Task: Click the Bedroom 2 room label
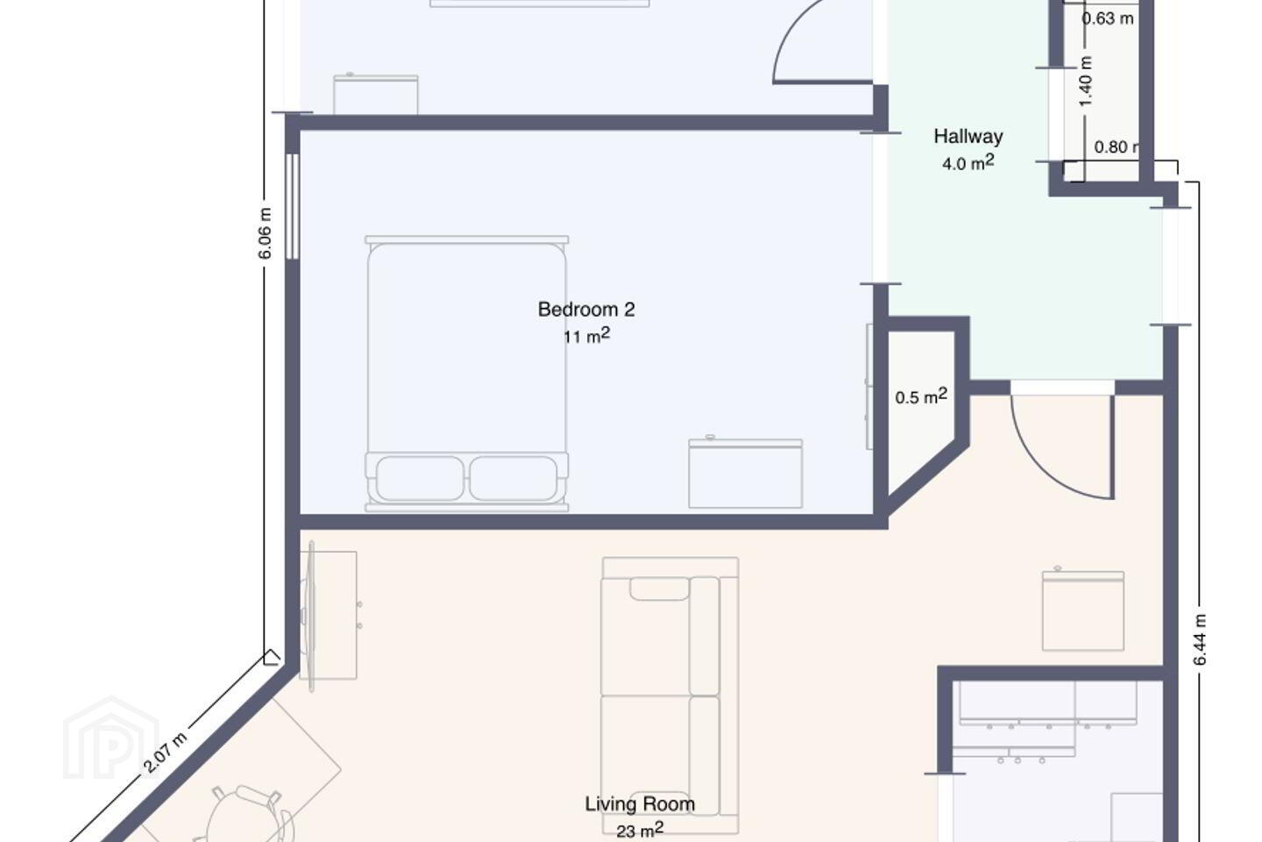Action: (x=586, y=309)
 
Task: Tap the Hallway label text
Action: (x=968, y=137)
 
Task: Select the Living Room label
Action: (x=640, y=803)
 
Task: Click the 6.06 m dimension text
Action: (x=265, y=233)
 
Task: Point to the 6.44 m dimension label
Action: (x=1200, y=639)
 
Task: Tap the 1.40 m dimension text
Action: (x=1086, y=82)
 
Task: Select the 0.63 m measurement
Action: (x=1107, y=18)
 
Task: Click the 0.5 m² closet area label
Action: (x=921, y=396)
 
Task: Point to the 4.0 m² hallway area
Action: (x=968, y=163)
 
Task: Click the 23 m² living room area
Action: (x=640, y=830)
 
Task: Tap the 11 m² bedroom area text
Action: (x=586, y=336)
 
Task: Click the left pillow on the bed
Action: (x=420, y=478)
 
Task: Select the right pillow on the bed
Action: (x=514, y=478)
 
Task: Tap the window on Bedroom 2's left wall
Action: (x=292, y=206)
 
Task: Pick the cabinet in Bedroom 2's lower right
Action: (x=745, y=473)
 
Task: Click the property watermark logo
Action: (x=111, y=739)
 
